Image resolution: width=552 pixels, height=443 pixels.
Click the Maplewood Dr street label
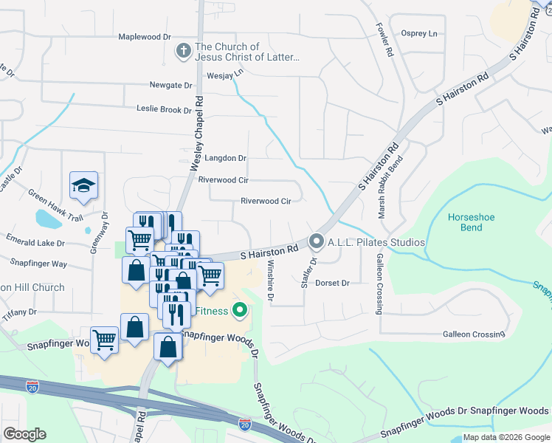(x=145, y=37)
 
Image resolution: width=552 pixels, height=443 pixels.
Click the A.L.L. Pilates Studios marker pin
(x=317, y=241)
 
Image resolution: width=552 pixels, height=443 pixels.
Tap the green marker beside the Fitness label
(x=239, y=311)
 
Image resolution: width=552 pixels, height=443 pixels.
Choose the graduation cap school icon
(x=83, y=186)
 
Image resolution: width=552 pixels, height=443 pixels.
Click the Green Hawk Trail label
(x=56, y=206)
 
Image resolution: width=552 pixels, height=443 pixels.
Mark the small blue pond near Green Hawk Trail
(x=48, y=219)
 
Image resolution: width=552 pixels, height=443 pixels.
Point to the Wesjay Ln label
(x=225, y=75)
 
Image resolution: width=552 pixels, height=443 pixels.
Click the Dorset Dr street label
(x=331, y=283)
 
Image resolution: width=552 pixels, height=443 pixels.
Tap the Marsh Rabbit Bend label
(x=389, y=186)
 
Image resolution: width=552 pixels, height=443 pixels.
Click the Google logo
(x=24, y=434)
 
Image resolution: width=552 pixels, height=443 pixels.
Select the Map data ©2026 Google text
(x=506, y=437)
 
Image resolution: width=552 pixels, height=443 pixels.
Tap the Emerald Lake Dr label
(x=35, y=242)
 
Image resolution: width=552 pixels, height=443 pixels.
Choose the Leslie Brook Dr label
(x=164, y=109)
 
